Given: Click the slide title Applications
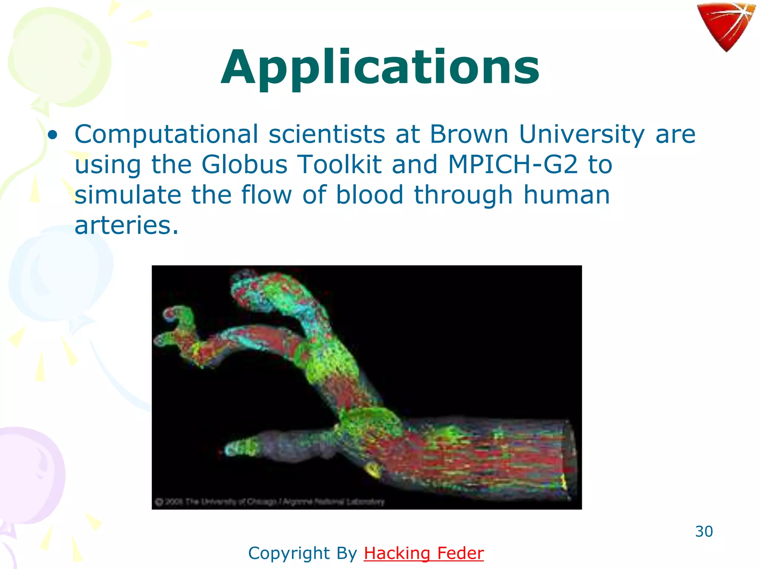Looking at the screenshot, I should tap(380, 69).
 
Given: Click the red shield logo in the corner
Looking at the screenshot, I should tap(726, 26).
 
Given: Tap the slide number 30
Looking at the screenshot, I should tap(704, 531).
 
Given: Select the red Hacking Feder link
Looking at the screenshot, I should tap(424, 553).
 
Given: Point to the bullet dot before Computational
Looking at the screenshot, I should tap(53, 135).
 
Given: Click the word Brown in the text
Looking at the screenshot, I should tap(469, 134).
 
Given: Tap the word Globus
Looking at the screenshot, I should tap(244, 164).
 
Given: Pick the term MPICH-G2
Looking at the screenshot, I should tap(513, 164).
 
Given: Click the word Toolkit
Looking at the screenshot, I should tap(339, 164).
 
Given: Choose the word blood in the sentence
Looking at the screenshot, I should tap(369, 195).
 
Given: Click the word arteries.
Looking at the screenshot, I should tap(126, 226).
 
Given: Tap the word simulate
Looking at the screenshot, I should tap(128, 195).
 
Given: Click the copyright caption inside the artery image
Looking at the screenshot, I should tap(270, 502).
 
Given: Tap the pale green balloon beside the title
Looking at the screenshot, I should tap(59, 59).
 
